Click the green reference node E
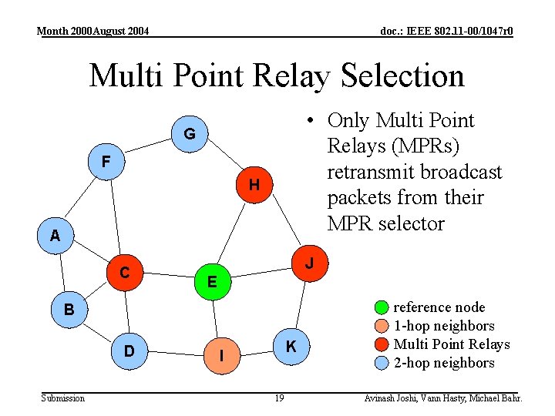pyautogui.click(x=212, y=281)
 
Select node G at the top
pyautogui.click(x=189, y=134)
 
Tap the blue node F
pyautogui.click(x=106, y=162)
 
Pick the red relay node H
pyautogui.click(x=254, y=185)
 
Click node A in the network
pyautogui.click(x=55, y=236)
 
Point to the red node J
pyautogui.click(x=309, y=263)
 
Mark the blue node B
pyautogui.click(x=69, y=310)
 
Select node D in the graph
pyautogui.click(x=129, y=351)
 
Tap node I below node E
pyautogui.click(x=221, y=355)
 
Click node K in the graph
pyautogui.click(x=291, y=347)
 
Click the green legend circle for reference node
pyautogui.click(x=382, y=307)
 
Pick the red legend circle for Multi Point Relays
pyautogui.click(x=382, y=344)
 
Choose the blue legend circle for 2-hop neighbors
pyautogui.click(x=382, y=363)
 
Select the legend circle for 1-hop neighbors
pyautogui.click(x=382, y=326)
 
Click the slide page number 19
pyautogui.click(x=279, y=398)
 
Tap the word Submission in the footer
pyautogui.click(x=63, y=398)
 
